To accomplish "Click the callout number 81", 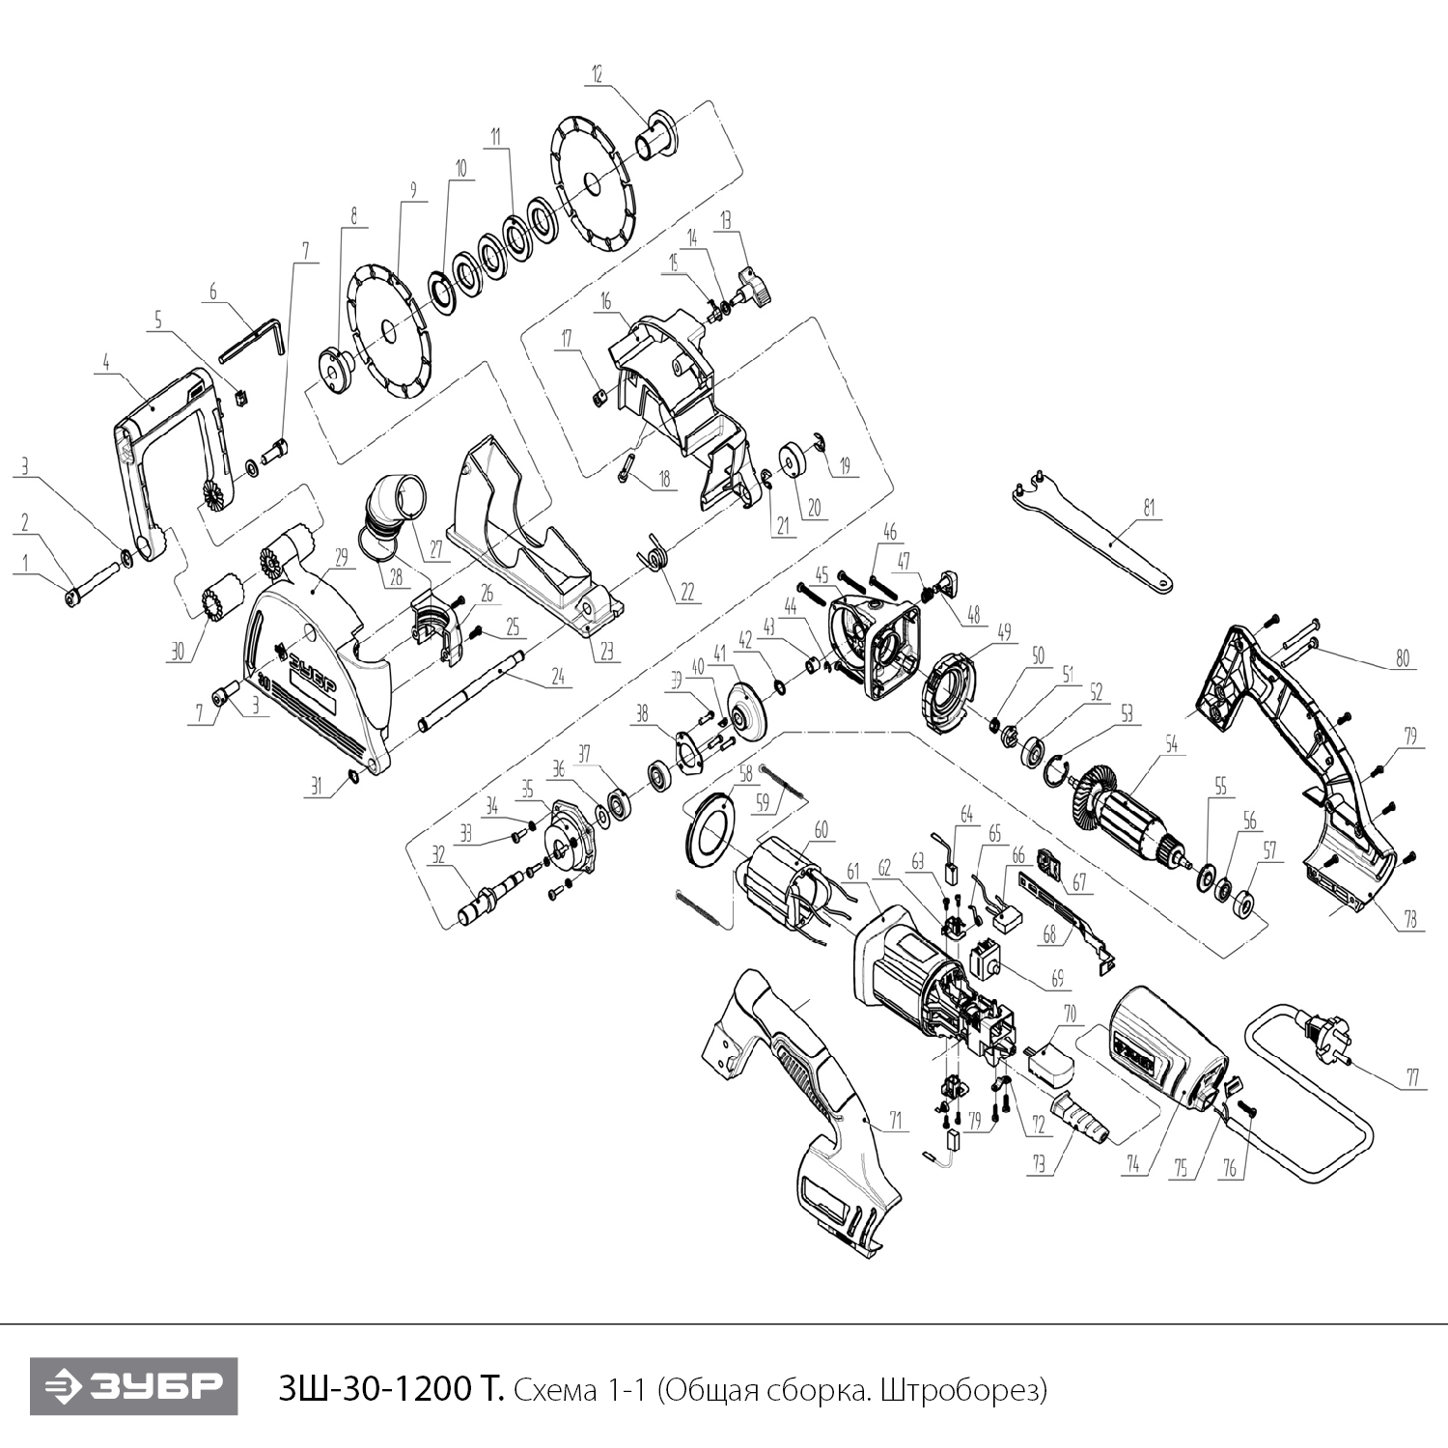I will click(x=1149, y=508).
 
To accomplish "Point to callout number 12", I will click(x=597, y=73).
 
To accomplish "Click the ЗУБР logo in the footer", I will click(x=133, y=1387).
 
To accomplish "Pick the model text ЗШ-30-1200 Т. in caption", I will click(x=390, y=1389).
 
